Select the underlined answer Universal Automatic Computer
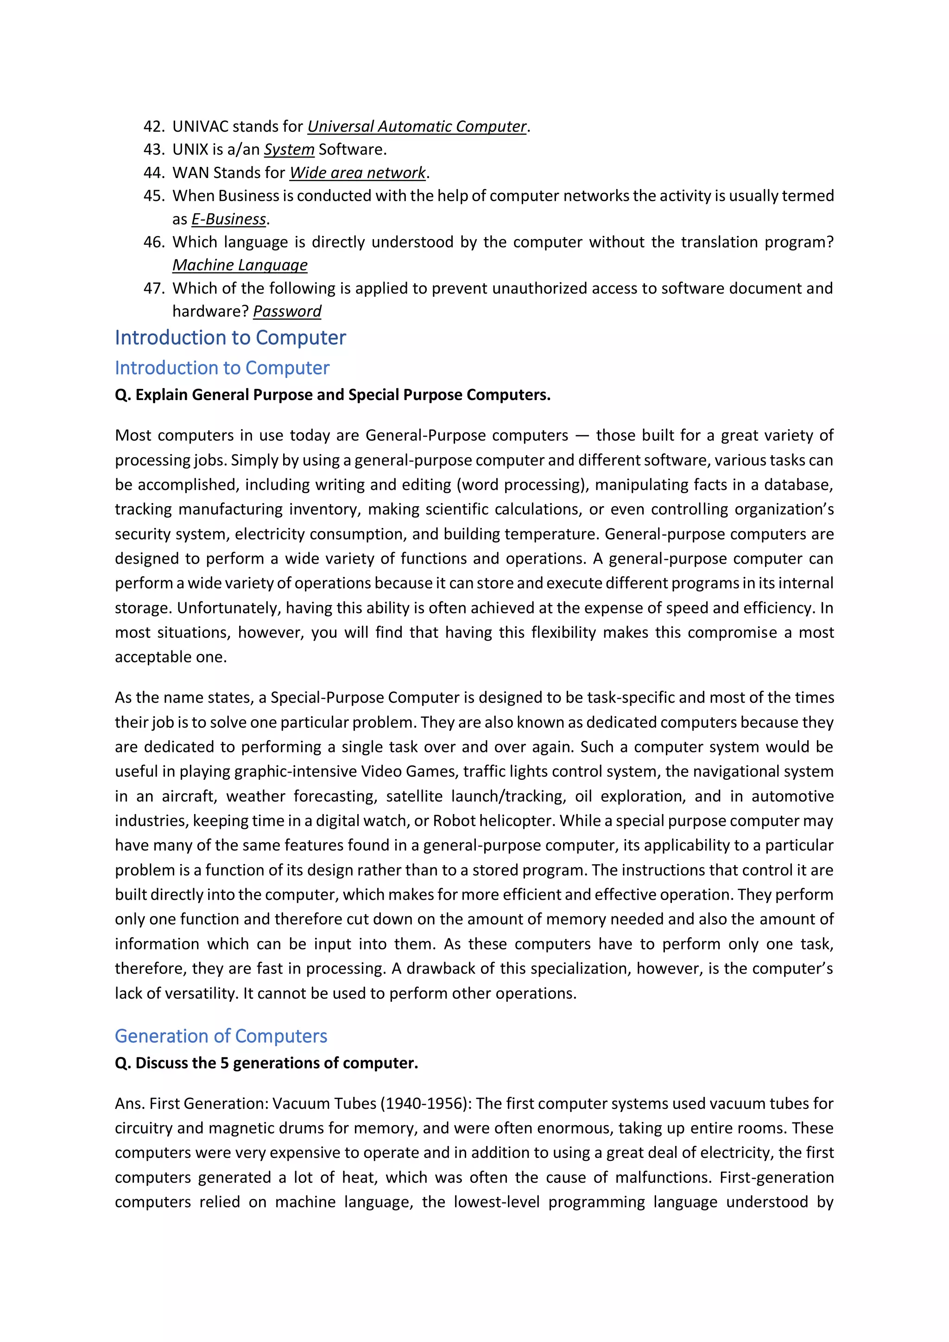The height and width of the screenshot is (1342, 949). pyautogui.click(x=417, y=126)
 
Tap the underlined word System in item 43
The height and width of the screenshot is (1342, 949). pyautogui.click(x=289, y=150)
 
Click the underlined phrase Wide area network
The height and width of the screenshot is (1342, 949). pyautogui.click(x=358, y=173)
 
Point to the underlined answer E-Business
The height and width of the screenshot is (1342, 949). pyautogui.click(x=228, y=219)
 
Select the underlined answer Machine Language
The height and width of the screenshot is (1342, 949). pyautogui.click(x=240, y=265)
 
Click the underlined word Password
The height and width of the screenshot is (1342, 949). pyautogui.click(x=287, y=312)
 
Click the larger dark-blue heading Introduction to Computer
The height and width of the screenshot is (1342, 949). pyautogui.click(x=230, y=338)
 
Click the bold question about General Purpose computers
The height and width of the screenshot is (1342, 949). pyautogui.click(x=333, y=395)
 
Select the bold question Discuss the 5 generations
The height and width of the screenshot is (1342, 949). pyautogui.click(x=266, y=1063)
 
